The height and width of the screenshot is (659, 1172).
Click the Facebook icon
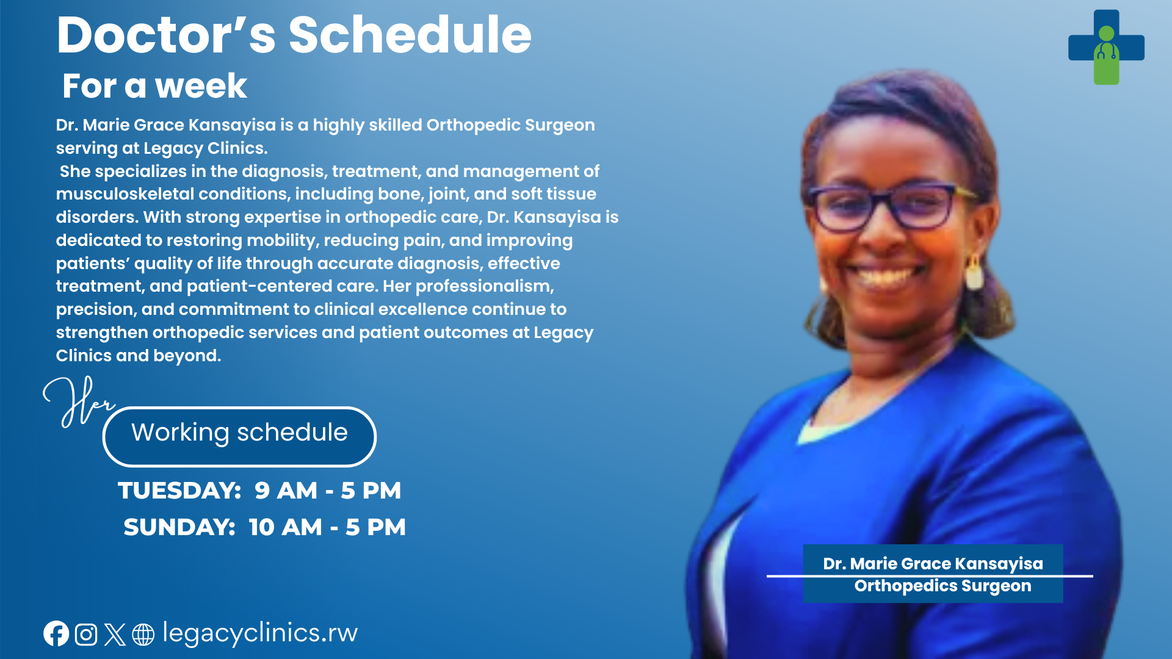(x=56, y=634)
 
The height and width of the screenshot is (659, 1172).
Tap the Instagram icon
(x=86, y=635)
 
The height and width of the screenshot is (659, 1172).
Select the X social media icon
(x=115, y=635)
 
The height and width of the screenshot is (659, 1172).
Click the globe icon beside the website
(x=143, y=635)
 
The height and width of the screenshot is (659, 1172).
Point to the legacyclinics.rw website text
(x=260, y=633)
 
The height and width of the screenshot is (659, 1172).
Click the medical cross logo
(x=1106, y=47)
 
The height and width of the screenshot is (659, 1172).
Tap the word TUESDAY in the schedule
(x=179, y=491)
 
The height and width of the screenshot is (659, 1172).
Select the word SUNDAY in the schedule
(x=179, y=527)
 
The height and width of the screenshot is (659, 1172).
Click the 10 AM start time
(x=285, y=527)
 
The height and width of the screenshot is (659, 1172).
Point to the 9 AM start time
(x=286, y=491)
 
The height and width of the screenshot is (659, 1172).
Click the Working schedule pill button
(x=239, y=436)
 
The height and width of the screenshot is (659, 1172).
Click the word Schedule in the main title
(x=410, y=35)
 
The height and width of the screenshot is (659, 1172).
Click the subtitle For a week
(x=154, y=85)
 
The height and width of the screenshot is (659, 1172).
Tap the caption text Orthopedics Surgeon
(x=942, y=586)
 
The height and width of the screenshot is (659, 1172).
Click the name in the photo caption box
(x=933, y=564)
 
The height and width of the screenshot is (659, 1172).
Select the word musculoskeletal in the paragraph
(x=125, y=194)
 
